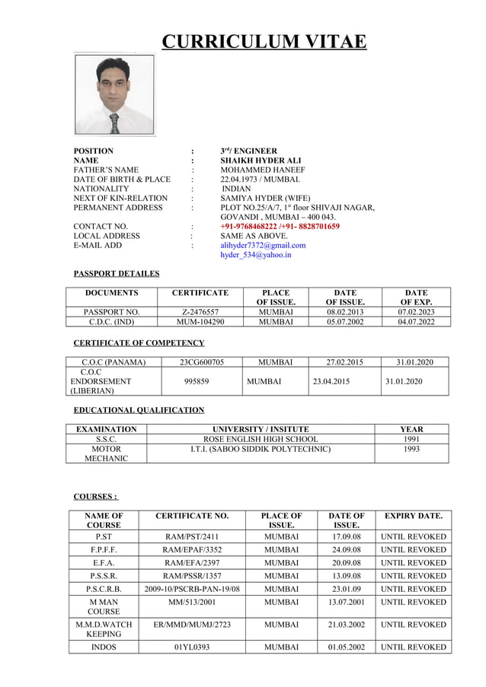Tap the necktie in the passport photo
[114, 122]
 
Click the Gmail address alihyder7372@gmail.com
[263, 246]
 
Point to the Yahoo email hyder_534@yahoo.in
[255, 255]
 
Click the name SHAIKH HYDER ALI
[260, 161]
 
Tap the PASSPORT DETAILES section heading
[117, 274]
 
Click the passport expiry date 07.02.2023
[416, 311]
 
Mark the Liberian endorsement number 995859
[197, 381]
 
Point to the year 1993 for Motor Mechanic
[411, 449]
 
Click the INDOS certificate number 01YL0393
[189, 647]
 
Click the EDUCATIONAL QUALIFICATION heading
[139, 410]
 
